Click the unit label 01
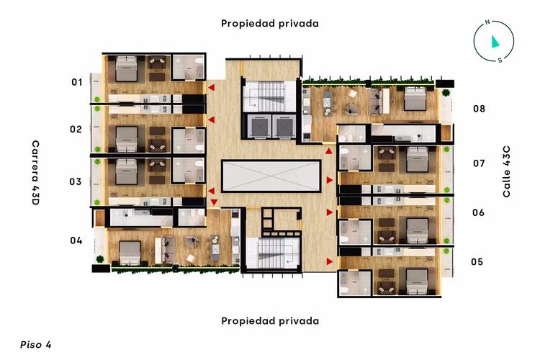pyautogui.click(x=76, y=82)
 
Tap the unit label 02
pyautogui.click(x=76, y=130)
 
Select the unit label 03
pyautogui.click(x=76, y=181)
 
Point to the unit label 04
pyautogui.click(x=76, y=240)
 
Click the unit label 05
pyautogui.click(x=477, y=261)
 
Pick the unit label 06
pyautogui.click(x=478, y=212)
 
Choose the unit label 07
pyautogui.click(x=479, y=163)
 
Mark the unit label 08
pyautogui.click(x=479, y=109)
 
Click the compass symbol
pyautogui.click(x=493, y=42)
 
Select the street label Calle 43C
pyautogui.click(x=506, y=171)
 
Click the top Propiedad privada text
pyautogui.click(x=270, y=23)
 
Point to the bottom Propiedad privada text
pyautogui.click(x=270, y=320)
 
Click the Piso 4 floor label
pyautogui.click(x=36, y=344)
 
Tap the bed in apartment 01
pyautogui.click(x=127, y=70)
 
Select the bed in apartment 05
pyautogui.click(x=417, y=279)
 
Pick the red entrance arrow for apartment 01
pyautogui.click(x=212, y=88)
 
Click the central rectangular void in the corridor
pyautogui.click(x=271, y=176)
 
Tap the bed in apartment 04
pyautogui.click(x=130, y=251)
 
